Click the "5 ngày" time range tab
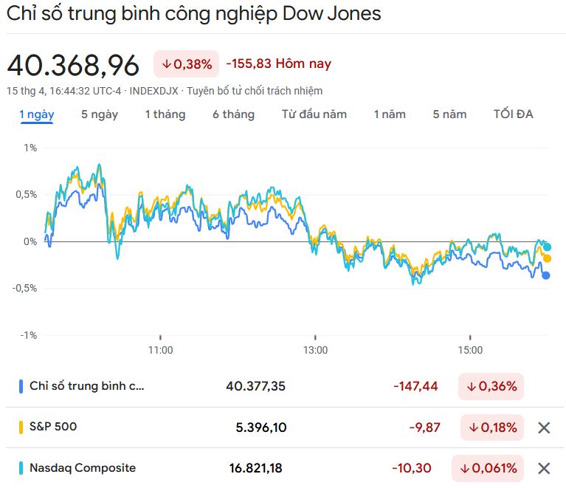pos(99,114)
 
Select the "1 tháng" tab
pos(165,114)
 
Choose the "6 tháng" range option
pos(233,114)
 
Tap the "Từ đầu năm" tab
pos(314,114)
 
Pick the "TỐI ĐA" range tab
pos(513,114)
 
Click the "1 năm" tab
pos(390,114)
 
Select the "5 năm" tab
pos(449,114)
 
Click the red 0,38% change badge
pos(187,64)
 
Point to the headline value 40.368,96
pos(73,66)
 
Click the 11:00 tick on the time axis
pos(160,350)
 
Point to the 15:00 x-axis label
pos(470,350)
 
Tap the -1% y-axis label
pos(30,335)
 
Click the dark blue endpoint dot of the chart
pos(546,275)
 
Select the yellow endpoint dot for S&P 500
pos(547,258)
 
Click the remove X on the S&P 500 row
pos(544,427)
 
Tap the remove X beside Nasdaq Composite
pos(544,468)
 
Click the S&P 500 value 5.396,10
pos(260,427)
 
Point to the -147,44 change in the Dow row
pos(415,386)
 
